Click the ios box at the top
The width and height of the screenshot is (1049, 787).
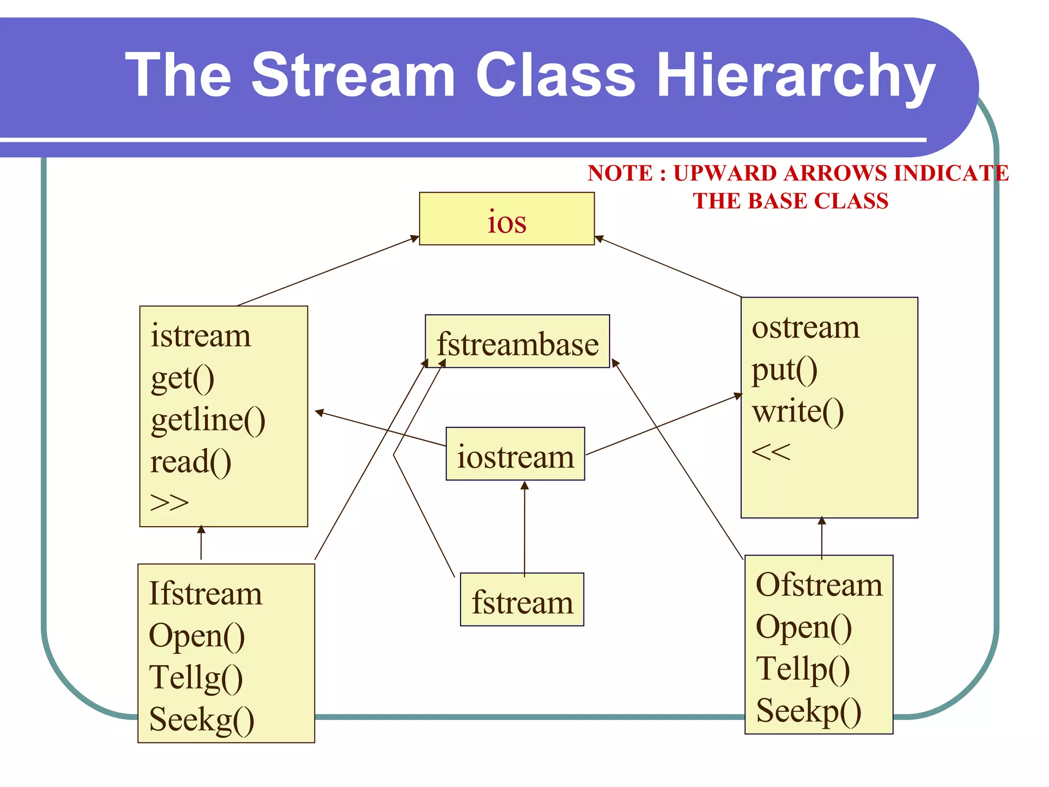coord(507,219)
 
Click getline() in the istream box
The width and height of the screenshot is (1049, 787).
coord(208,420)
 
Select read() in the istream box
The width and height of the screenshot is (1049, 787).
coord(191,462)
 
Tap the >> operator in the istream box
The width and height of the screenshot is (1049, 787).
coord(170,503)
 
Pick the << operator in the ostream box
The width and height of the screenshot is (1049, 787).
coord(771,452)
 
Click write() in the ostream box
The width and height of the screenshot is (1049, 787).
coord(798,411)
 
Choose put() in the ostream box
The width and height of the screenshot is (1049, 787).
coord(784,370)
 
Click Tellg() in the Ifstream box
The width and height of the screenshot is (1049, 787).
coord(196,678)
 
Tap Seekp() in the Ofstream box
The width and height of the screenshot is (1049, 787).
coord(808,711)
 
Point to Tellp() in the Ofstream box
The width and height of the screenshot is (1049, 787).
coord(803,669)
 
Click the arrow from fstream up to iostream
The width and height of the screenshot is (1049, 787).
coord(524,528)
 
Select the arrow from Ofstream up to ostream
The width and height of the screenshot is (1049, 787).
coord(822,538)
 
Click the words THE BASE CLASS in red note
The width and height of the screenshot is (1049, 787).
coord(790,201)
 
